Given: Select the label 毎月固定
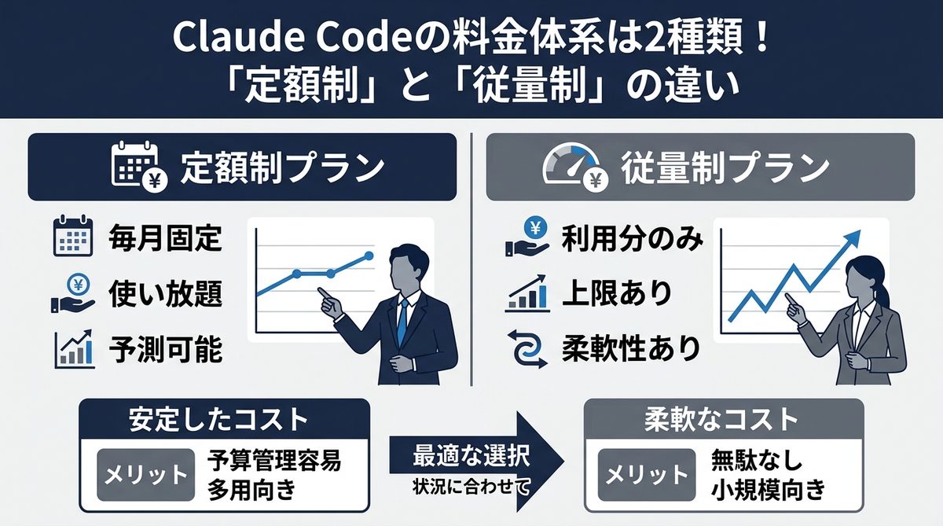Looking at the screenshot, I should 166,239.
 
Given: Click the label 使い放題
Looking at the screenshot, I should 166,295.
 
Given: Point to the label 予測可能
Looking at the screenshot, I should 166,350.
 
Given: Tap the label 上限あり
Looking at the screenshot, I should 617,295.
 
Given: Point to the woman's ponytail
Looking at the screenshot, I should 886,295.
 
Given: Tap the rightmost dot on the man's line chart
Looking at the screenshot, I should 369,256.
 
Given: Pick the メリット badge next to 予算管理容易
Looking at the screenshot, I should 145,475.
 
